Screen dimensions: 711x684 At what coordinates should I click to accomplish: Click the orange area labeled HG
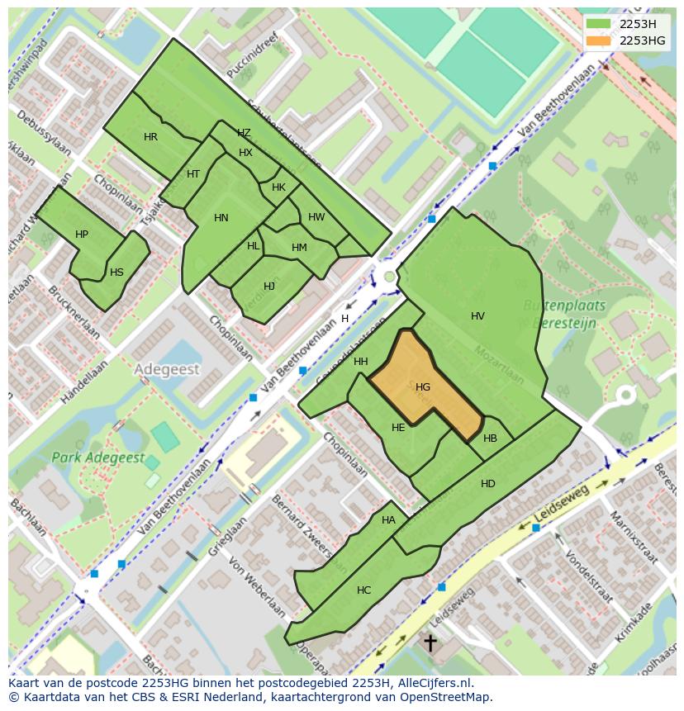[x=423, y=386]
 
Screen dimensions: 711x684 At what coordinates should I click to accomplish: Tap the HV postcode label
[x=477, y=316]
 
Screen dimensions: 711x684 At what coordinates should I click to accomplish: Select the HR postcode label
[x=150, y=137]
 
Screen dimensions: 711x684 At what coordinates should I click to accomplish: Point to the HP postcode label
[x=81, y=235]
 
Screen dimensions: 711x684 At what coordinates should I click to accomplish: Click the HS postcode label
[x=116, y=273]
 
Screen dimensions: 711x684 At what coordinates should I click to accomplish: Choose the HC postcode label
[x=363, y=590]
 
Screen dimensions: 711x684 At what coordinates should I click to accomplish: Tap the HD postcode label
[x=487, y=483]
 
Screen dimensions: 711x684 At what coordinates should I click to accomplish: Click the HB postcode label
[x=490, y=438]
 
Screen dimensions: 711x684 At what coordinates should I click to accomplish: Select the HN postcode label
[x=221, y=218]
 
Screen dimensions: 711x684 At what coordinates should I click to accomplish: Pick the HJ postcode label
[x=268, y=287]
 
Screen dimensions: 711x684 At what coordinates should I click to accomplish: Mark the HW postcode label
[x=316, y=217]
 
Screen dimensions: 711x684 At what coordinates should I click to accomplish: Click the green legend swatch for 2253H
[x=599, y=24]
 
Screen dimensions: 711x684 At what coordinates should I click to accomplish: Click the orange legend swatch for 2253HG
[x=599, y=40]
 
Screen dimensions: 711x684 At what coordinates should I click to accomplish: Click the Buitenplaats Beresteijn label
[x=564, y=315]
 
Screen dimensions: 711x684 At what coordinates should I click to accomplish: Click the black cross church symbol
[x=430, y=642]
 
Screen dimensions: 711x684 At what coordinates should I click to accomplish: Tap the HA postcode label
[x=388, y=520]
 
